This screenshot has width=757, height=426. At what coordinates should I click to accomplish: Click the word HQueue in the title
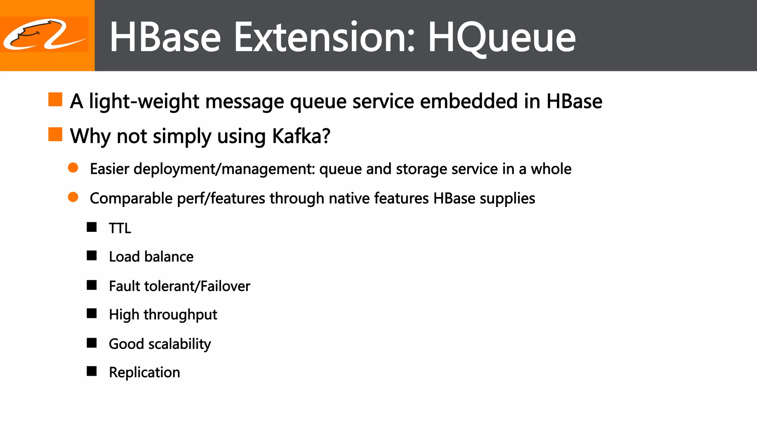tap(502, 37)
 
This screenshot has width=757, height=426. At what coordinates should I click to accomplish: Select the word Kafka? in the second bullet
tap(301, 136)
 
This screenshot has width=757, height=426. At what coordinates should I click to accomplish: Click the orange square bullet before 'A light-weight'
tap(55, 99)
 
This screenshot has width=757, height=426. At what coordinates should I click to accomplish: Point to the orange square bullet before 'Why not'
tap(55, 134)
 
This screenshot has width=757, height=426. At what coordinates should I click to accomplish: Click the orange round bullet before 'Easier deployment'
tap(73, 168)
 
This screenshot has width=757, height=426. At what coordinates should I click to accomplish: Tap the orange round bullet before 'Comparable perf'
tap(73, 197)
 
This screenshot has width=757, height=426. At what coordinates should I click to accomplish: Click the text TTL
tap(120, 228)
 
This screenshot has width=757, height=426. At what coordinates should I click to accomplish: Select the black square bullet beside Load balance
tap(92, 256)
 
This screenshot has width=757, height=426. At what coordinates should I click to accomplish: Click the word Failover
tap(225, 286)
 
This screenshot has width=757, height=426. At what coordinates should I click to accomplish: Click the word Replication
tap(145, 372)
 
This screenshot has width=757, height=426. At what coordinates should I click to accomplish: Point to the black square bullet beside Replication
tap(92, 371)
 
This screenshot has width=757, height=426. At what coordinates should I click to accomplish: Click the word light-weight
tap(144, 101)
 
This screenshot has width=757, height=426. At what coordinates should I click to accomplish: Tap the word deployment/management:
tap(224, 169)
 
